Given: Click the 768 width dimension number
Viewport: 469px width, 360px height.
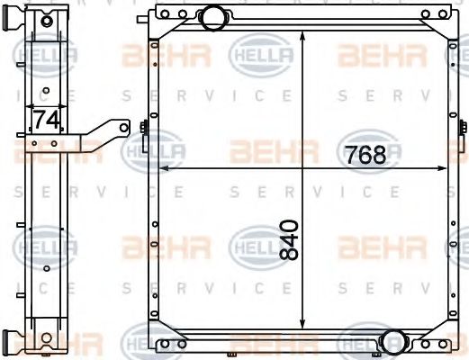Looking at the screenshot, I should (365, 154).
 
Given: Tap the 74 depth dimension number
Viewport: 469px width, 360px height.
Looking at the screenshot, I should (46, 118).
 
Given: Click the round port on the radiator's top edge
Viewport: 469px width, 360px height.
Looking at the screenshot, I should (213, 16).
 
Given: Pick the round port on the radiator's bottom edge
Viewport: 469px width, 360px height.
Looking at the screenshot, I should (392, 342).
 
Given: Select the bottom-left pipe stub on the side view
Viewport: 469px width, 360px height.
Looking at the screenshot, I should (10, 343).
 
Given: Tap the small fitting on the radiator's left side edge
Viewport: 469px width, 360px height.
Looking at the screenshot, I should (144, 130).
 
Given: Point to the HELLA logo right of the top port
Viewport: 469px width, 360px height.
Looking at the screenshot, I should (263, 58).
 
